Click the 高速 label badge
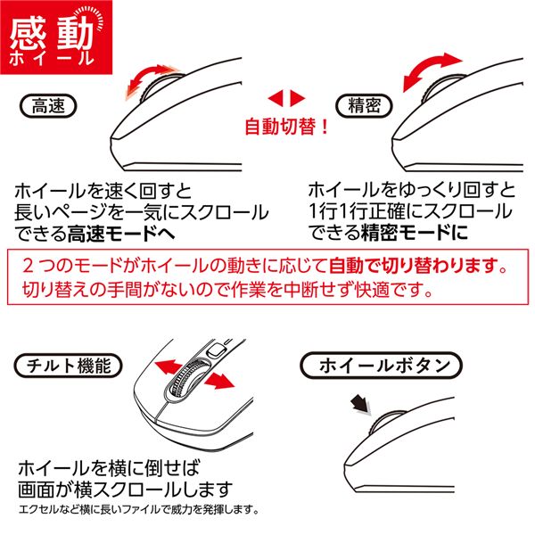[49, 108]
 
